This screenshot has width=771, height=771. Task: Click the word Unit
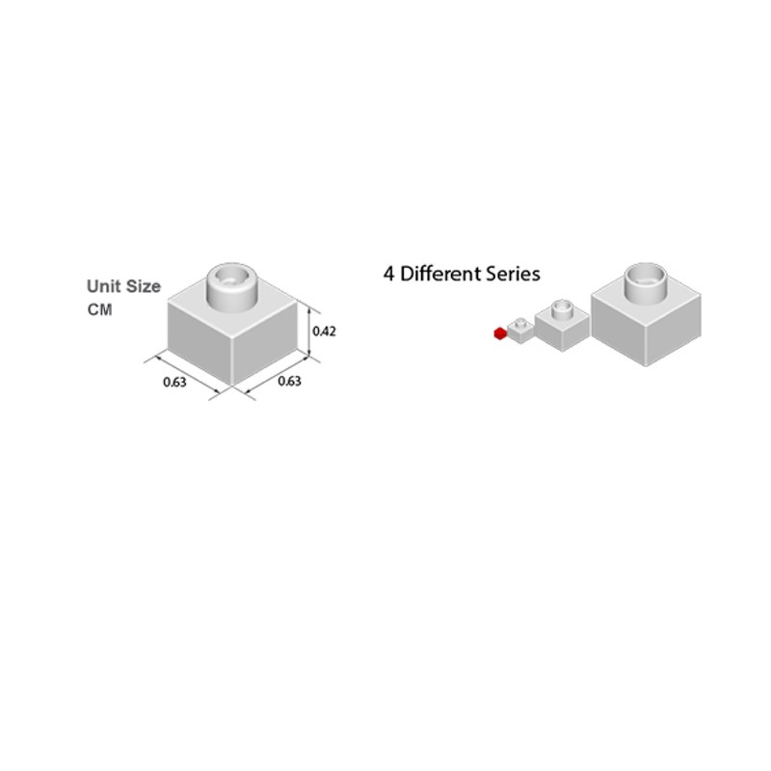[x=102, y=286]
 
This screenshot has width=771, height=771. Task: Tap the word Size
[x=142, y=286]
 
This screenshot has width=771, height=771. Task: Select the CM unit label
[x=100, y=309]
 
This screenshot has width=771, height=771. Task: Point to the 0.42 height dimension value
[x=325, y=332]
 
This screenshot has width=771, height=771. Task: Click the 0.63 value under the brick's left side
[x=174, y=382]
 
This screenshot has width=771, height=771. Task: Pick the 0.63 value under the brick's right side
[x=290, y=381]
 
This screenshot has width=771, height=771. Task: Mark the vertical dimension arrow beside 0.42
[x=308, y=331]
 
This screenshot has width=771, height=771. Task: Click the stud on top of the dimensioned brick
[x=231, y=286]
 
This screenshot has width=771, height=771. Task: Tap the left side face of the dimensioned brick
[x=199, y=342]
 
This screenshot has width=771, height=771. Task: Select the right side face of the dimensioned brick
[x=264, y=343]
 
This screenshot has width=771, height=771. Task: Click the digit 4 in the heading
[x=388, y=275]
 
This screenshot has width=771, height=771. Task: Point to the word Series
[x=513, y=274]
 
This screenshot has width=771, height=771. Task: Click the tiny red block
[x=500, y=333]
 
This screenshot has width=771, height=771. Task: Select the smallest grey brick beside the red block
[x=520, y=331]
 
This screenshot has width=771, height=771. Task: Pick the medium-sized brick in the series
[x=562, y=325]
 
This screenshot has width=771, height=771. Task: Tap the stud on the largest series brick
[x=646, y=282]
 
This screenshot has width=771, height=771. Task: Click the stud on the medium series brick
[x=562, y=309]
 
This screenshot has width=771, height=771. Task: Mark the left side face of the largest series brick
[x=618, y=330]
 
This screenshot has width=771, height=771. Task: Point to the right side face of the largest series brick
[x=673, y=330]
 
